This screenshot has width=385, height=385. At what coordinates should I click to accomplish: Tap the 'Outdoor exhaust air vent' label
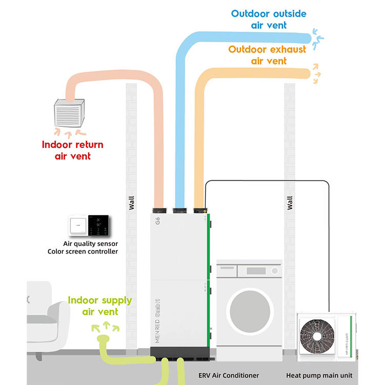pyautogui.click(x=267, y=55)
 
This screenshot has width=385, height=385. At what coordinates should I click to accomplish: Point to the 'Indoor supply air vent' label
pyautogui.click(x=100, y=306)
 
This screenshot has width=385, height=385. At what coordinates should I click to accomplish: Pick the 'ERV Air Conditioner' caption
pyautogui.click(x=228, y=375)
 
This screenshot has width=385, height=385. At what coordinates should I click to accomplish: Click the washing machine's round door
pyautogui.click(x=249, y=310)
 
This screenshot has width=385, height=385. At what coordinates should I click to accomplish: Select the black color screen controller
pyautogui.click(x=98, y=225)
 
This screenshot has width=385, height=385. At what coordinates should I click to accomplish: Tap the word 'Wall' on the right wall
pyautogui.click(x=290, y=203)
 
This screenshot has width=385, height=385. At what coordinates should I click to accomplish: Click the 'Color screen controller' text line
pyautogui.click(x=83, y=252)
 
